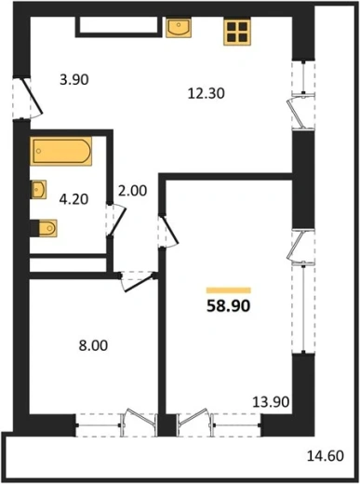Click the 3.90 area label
[x=74, y=80]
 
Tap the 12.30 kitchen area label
[x=207, y=93]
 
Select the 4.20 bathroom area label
[x=73, y=199]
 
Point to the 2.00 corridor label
[x=132, y=191]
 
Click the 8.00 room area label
[x=93, y=345]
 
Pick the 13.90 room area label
[x=271, y=402]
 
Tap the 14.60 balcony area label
[x=326, y=456]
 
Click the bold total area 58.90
[x=229, y=306]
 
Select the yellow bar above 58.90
[x=229, y=290]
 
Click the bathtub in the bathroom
[x=61, y=151]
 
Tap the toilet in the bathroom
[x=45, y=228]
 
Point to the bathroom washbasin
[x=38, y=189]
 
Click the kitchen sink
[x=179, y=28]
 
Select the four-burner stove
[x=237, y=32]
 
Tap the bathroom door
[x=117, y=222]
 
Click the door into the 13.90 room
[x=169, y=231]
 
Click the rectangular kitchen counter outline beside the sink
[x=119, y=27]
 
